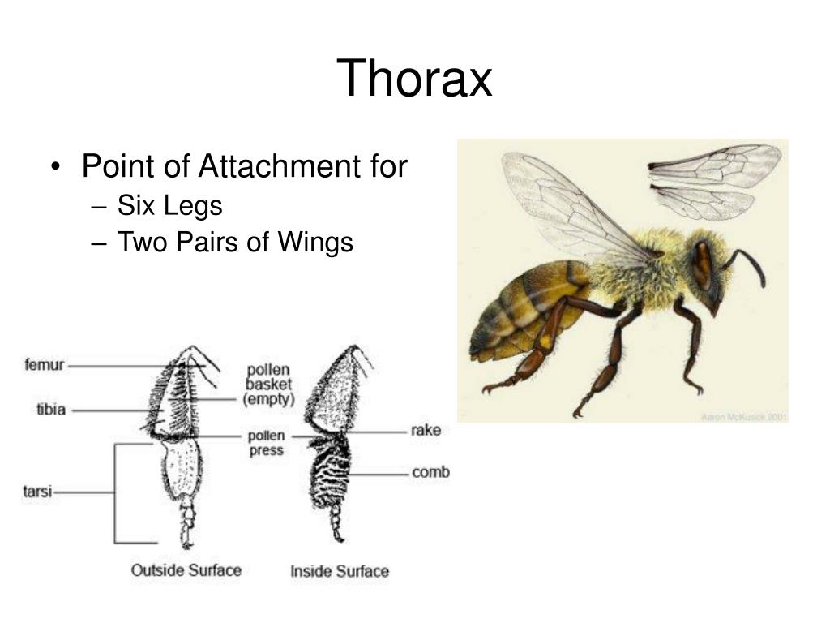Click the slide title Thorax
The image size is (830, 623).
(x=414, y=79)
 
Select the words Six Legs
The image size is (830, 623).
(x=169, y=206)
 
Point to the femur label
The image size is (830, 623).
(x=45, y=365)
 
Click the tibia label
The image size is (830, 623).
(x=50, y=410)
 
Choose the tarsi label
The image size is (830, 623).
(x=36, y=492)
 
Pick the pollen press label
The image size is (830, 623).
(x=266, y=443)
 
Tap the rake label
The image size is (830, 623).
(x=425, y=431)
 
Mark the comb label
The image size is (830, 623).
(x=430, y=472)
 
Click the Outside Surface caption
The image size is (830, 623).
(x=186, y=570)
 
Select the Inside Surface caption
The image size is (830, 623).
(x=339, y=571)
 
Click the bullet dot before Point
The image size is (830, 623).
(x=55, y=168)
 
